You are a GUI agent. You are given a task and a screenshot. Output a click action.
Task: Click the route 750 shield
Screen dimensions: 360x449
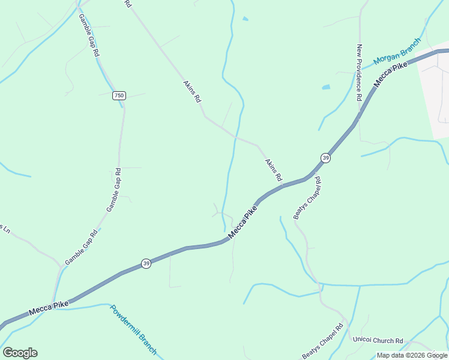click(x=119, y=96)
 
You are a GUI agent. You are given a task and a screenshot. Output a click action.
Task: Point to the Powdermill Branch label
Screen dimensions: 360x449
click(x=133, y=330)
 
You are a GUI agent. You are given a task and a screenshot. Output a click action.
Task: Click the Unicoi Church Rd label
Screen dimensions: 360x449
click(x=378, y=340)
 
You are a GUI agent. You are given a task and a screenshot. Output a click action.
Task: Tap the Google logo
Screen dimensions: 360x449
click(x=20, y=353)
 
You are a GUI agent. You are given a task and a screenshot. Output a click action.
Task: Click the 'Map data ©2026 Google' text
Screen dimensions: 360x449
click(x=412, y=355)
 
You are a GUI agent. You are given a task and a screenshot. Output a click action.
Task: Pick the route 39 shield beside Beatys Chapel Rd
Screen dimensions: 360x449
click(x=325, y=158)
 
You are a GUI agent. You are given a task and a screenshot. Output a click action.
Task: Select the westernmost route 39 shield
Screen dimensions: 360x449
click(x=146, y=263)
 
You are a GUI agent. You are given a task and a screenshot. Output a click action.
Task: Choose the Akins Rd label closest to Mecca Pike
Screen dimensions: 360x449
click(x=273, y=170)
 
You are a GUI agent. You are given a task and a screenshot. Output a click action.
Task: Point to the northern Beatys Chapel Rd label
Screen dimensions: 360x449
click(x=307, y=199)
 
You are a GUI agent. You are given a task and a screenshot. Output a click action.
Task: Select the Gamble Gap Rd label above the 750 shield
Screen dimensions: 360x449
click(x=89, y=35)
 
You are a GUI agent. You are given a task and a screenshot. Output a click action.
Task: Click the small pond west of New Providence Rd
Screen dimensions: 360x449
click(x=326, y=87)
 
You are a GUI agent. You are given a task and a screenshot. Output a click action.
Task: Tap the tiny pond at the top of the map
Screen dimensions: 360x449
click(x=245, y=19)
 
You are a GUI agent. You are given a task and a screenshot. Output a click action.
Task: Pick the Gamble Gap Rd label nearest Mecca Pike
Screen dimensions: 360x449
click(x=81, y=249)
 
